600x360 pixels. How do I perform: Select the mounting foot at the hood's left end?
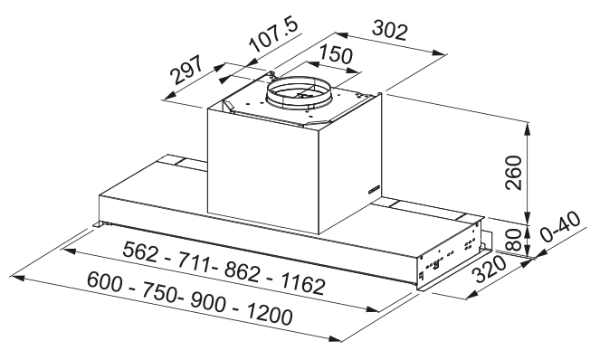tap(99, 223)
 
